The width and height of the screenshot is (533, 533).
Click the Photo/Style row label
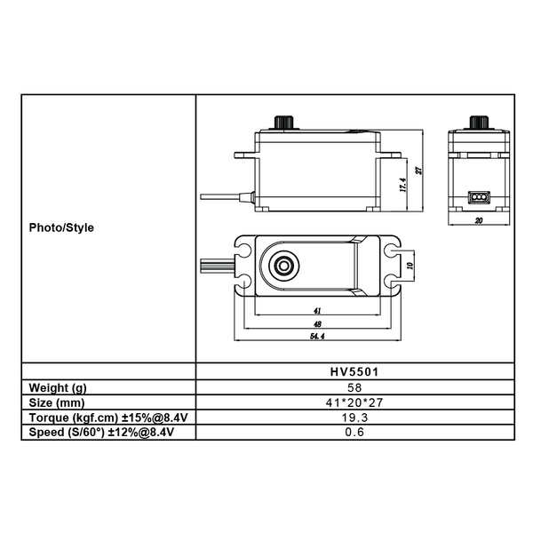pos(61,227)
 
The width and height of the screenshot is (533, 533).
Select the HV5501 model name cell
pos(354,371)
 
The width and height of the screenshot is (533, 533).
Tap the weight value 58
pos(354,387)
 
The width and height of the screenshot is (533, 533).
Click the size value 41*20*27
pos(354,402)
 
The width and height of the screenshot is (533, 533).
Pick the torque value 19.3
pos(354,418)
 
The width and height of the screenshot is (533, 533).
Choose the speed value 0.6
pos(354,432)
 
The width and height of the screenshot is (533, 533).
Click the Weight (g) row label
pos(58,388)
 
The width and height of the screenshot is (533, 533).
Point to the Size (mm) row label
pos(57,402)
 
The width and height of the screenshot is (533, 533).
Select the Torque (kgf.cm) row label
pos(108,418)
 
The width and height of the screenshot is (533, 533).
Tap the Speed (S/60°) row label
pos(101,433)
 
